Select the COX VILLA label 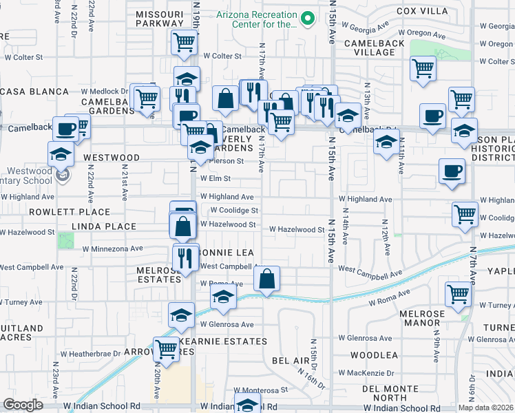coord(421,12)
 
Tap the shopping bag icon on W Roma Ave coord(266,279)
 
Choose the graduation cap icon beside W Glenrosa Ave coord(181,315)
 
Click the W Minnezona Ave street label coord(112,248)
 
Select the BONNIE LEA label coord(222,253)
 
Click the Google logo coord(23,405)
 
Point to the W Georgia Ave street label coord(379,29)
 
